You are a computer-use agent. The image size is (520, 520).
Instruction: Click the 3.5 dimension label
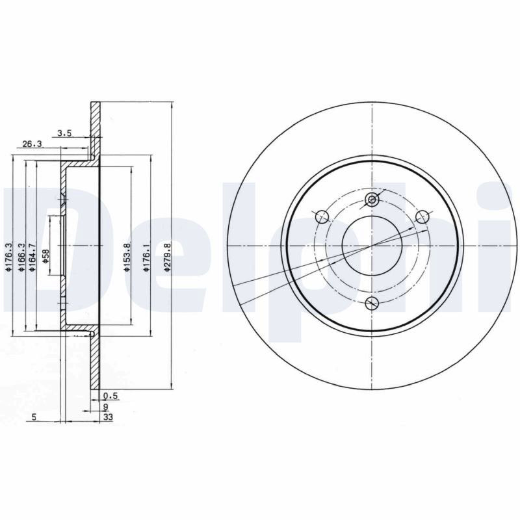(x=64, y=133)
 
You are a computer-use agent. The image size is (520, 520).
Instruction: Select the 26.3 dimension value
(x=32, y=144)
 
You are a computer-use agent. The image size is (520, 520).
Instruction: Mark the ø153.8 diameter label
(x=127, y=257)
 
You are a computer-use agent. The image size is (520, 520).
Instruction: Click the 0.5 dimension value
(x=110, y=396)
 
